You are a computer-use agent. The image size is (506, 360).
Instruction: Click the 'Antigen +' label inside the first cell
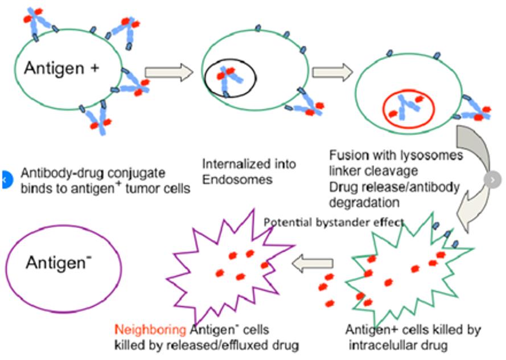coord(61,68)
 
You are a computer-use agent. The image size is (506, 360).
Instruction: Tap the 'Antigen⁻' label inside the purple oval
coord(59,262)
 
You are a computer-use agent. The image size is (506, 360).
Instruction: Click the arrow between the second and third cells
coord(332,72)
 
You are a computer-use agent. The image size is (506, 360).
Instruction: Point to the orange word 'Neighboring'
coord(151,329)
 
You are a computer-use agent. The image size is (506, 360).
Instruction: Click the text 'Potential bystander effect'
coord(334,222)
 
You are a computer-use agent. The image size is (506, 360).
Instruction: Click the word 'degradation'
coord(359,202)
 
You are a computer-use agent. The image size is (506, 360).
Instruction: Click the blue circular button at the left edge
coord(4,179)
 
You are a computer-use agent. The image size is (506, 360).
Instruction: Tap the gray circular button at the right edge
coord(492,179)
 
